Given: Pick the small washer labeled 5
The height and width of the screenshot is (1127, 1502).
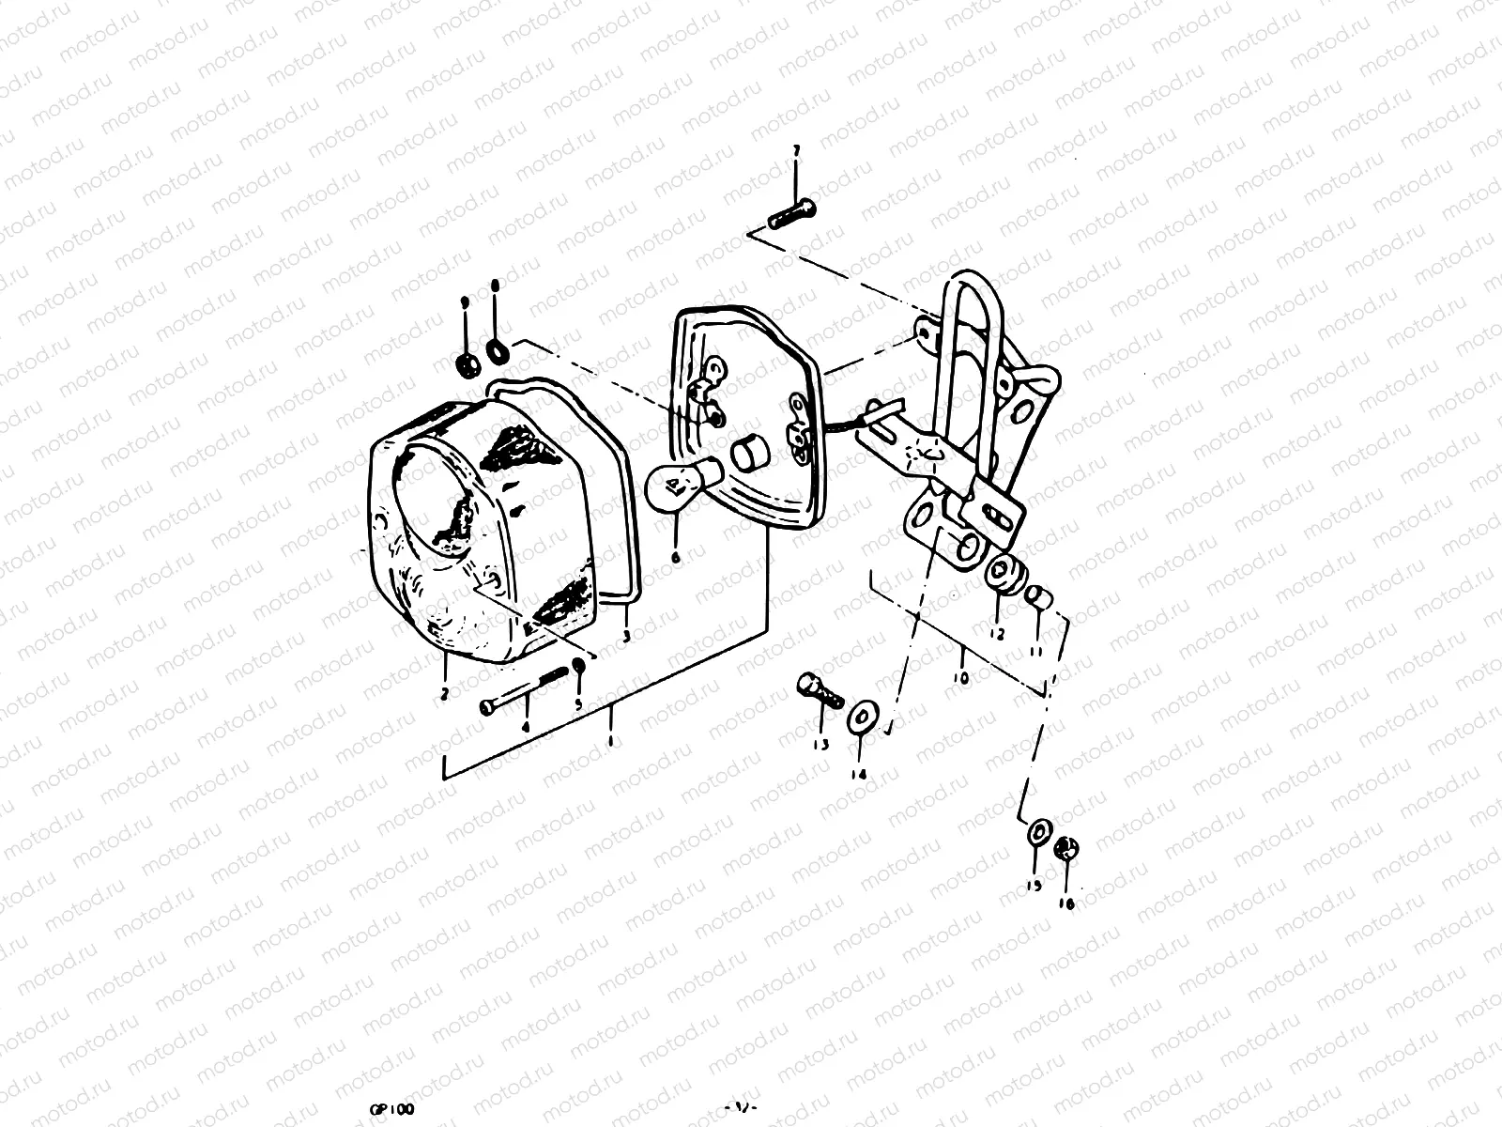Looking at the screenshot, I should coord(579,666).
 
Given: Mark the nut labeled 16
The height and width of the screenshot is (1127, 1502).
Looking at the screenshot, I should coord(1065,849).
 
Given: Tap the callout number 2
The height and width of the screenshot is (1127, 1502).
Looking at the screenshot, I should coord(444,694).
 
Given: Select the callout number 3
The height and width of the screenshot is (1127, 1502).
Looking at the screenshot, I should coord(627,636).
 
